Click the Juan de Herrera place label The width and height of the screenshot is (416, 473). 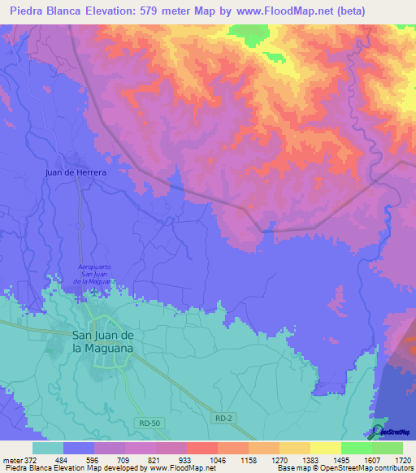(x=76, y=173)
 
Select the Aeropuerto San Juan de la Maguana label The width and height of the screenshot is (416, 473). (x=94, y=274)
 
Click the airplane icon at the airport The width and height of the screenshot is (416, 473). (x=95, y=291)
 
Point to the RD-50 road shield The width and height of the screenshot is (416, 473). (x=148, y=423)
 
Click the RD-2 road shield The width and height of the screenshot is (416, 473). (x=225, y=418)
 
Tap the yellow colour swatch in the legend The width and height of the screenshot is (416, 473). (x=325, y=448)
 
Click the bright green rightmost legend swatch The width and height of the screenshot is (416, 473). (x=387, y=448)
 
